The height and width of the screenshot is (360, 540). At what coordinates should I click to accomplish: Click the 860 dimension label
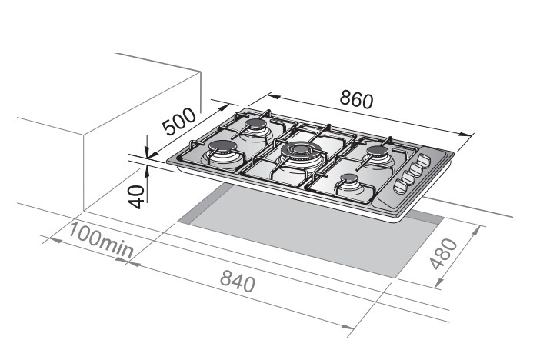(356, 99)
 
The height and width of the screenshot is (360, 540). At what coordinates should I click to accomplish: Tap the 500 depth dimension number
(180, 122)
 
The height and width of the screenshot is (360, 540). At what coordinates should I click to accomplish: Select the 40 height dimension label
(136, 197)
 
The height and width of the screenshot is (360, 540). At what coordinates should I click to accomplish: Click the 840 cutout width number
(238, 281)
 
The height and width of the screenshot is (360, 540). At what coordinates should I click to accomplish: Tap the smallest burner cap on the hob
(349, 178)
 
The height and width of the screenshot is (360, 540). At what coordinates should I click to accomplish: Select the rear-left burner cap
(255, 124)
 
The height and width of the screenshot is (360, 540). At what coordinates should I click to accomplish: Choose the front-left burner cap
(222, 147)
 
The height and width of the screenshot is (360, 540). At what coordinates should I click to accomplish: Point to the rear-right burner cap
(377, 151)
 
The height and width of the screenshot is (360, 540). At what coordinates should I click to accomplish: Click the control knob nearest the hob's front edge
(400, 186)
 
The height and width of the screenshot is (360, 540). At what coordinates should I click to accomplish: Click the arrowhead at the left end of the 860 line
(275, 96)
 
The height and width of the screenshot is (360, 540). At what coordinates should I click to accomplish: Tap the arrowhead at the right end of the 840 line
(347, 327)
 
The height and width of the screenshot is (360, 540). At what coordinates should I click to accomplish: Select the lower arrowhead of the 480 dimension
(438, 282)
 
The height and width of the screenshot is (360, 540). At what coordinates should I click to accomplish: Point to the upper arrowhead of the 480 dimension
(475, 231)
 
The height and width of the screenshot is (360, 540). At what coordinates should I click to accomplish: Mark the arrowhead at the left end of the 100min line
(56, 240)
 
